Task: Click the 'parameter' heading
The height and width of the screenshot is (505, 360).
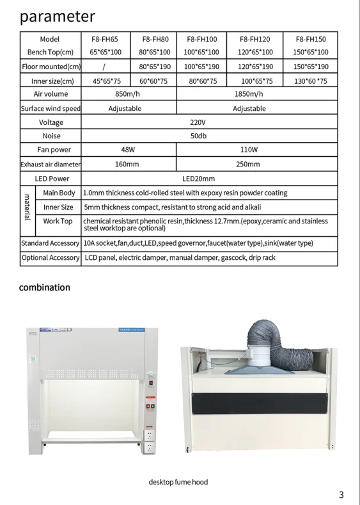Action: point(58,16)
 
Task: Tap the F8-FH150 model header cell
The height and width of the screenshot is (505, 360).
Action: point(311,39)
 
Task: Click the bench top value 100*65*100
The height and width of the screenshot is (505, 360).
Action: point(201,52)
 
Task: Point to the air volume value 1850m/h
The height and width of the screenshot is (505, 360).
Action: point(249,94)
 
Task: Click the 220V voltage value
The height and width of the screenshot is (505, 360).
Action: point(198,122)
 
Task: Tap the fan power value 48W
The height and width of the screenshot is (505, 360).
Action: point(128,150)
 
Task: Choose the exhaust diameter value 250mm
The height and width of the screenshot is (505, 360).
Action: point(249,164)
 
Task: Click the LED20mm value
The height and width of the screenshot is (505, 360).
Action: point(198,179)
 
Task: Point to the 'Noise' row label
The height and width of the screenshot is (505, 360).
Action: point(51,136)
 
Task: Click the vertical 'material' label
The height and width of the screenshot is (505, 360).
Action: point(27,206)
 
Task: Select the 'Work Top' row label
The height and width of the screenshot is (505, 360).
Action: point(58,221)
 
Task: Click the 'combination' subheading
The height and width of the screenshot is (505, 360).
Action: point(45,287)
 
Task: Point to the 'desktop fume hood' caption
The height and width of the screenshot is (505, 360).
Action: point(178,482)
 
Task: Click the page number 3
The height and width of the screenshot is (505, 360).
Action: point(341,494)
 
